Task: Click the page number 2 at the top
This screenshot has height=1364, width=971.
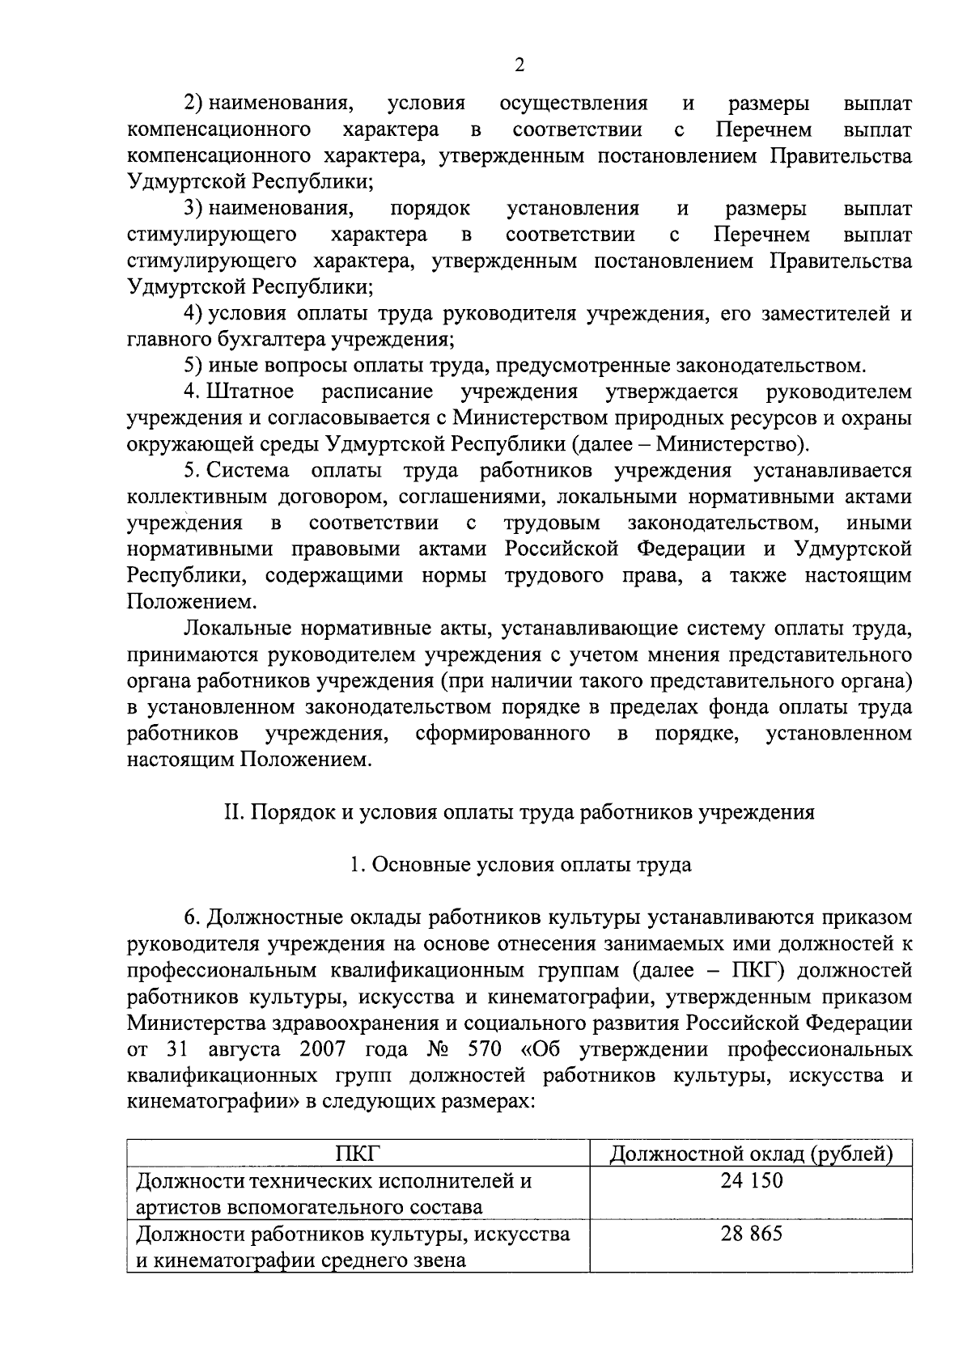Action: (519, 66)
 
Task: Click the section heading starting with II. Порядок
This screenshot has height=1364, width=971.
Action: (519, 812)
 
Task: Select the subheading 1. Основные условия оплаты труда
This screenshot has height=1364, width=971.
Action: (519, 865)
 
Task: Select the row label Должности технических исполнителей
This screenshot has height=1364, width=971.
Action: (333, 1180)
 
